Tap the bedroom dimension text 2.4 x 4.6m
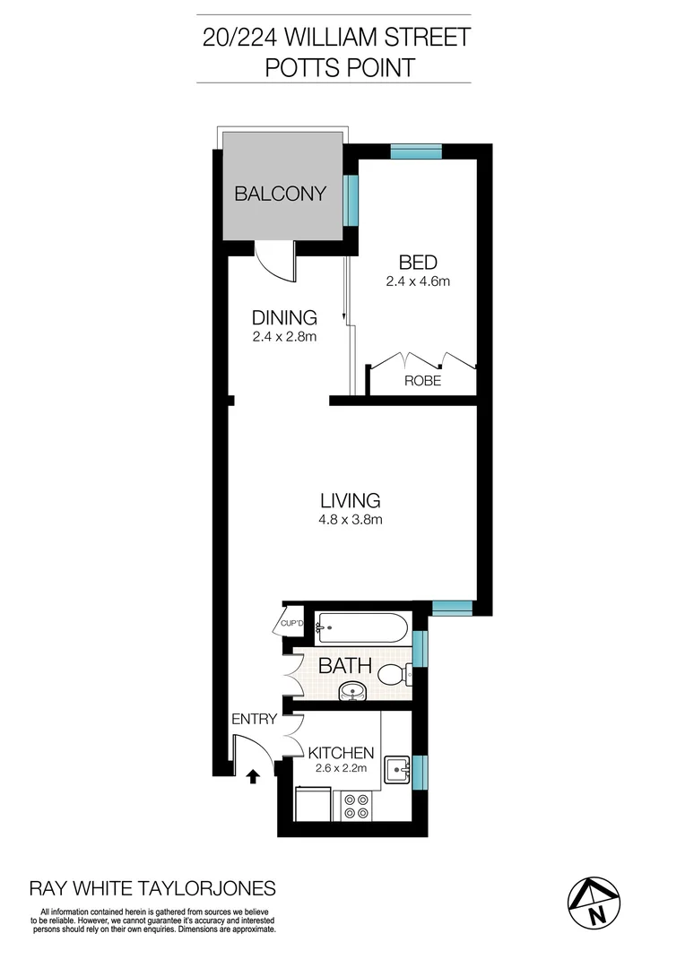[417, 281]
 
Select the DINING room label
[284, 317]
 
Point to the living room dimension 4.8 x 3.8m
[351, 519]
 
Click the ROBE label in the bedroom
[423, 380]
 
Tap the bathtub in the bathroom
[363, 627]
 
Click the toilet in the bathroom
[394, 674]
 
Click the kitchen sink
[396, 769]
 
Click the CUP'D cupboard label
[293, 622]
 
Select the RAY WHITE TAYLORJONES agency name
[153, 888]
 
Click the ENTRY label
[254, 719]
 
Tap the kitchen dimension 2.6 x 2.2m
[341, 768]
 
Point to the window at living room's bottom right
[452, 609]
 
